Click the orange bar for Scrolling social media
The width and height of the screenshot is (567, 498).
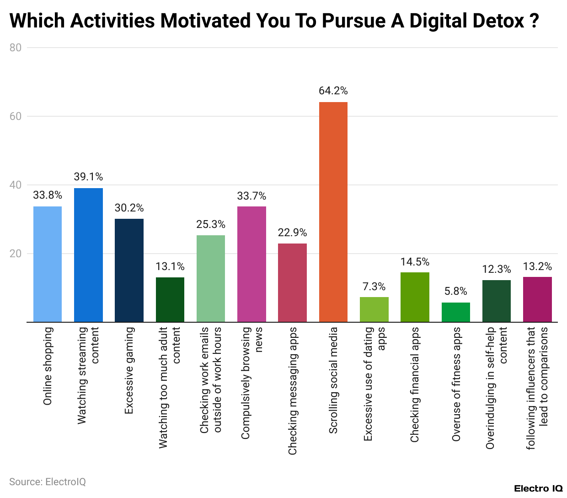click(x=333, y=212)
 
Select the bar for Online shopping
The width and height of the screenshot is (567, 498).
click(x=48, y=264)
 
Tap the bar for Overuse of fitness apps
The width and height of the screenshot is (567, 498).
click(x=455, y=312)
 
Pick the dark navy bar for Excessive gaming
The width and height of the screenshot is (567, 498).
click(x=129, y=270)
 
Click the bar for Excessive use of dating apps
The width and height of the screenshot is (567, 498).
click(x=374, y=309)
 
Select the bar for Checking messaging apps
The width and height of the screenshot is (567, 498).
click(x=292, y=282)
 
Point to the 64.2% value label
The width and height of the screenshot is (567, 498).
click(x=333, y=91)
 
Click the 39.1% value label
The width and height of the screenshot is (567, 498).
click(x=88, y=177)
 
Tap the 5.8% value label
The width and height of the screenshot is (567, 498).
click(x=455, y=291)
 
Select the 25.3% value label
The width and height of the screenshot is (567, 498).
click(x=211, y=224)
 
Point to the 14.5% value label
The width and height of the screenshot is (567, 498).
click(x=415, y=262)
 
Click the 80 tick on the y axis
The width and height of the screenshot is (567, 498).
click(x=16, y=48)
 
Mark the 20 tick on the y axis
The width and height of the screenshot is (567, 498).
click(x=16, y=254)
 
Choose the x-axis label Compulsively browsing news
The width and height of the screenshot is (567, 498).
click(x=251, y=383)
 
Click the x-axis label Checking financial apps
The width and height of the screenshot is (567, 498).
click(x=415, y=384)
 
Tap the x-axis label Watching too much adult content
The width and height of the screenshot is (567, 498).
click(x=170, y=387)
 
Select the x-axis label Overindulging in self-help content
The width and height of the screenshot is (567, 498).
click(x=496, y=388)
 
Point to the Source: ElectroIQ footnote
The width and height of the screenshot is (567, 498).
click(x=48, y=482)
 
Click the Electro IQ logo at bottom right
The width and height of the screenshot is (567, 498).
click(x=538, y=488)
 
